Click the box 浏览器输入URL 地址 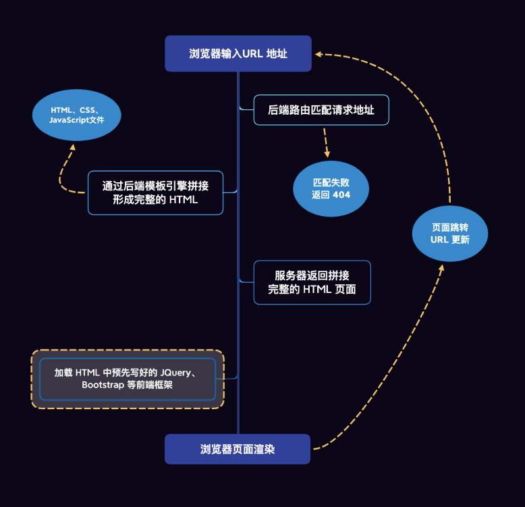238,53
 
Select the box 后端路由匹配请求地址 321,109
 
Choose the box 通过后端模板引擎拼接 155,192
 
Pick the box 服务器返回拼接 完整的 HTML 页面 312,282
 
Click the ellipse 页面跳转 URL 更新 449,234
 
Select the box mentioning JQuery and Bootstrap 128,379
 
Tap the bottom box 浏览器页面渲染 238,449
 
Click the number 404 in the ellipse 342,194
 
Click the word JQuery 175,372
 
